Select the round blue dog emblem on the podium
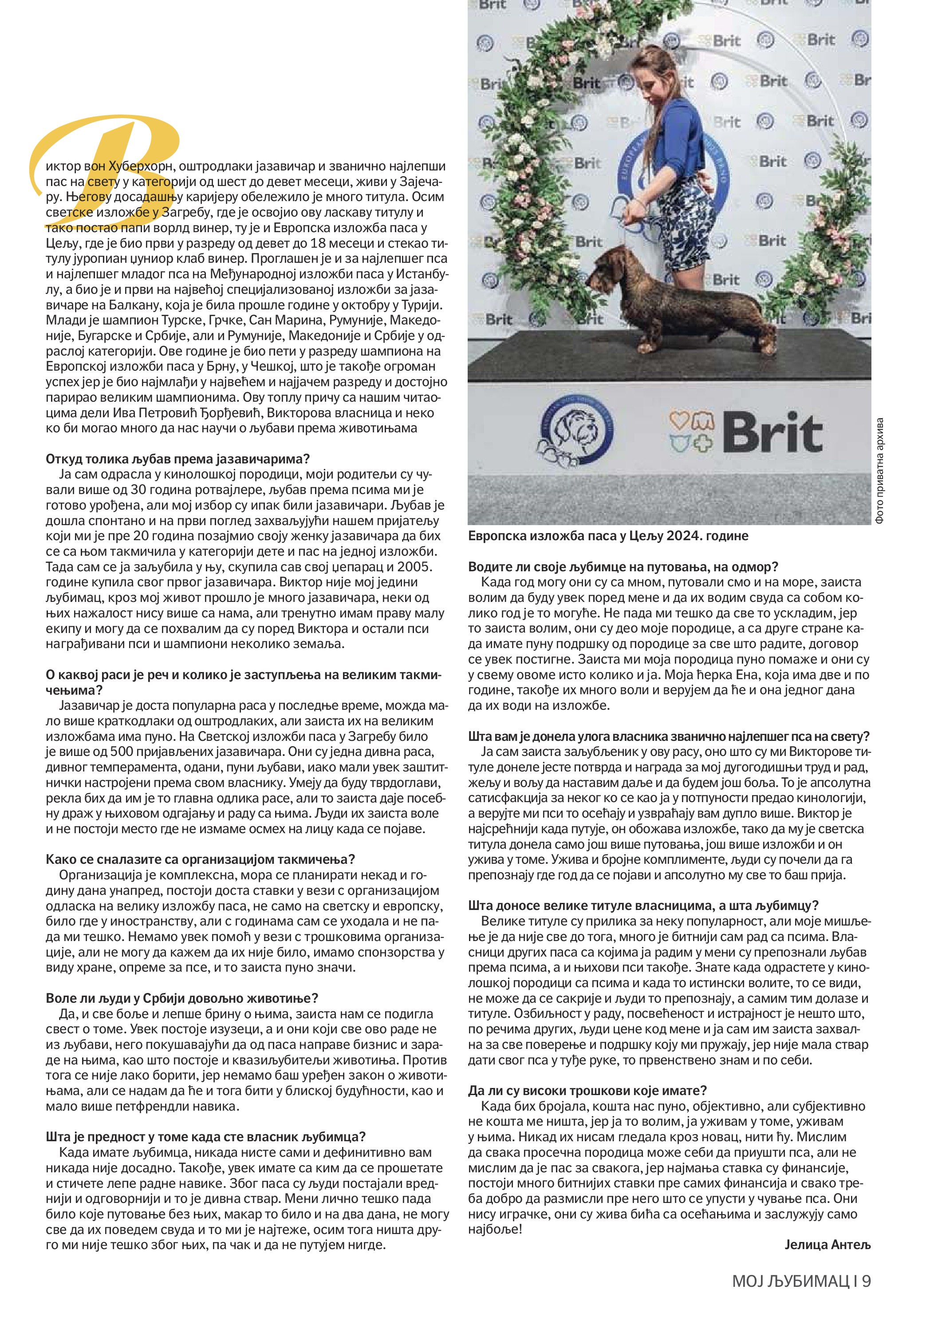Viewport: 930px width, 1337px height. coord(576,431)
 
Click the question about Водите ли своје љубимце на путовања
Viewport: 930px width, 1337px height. coord(623,566)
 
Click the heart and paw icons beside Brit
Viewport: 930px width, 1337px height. coord(691,431)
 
